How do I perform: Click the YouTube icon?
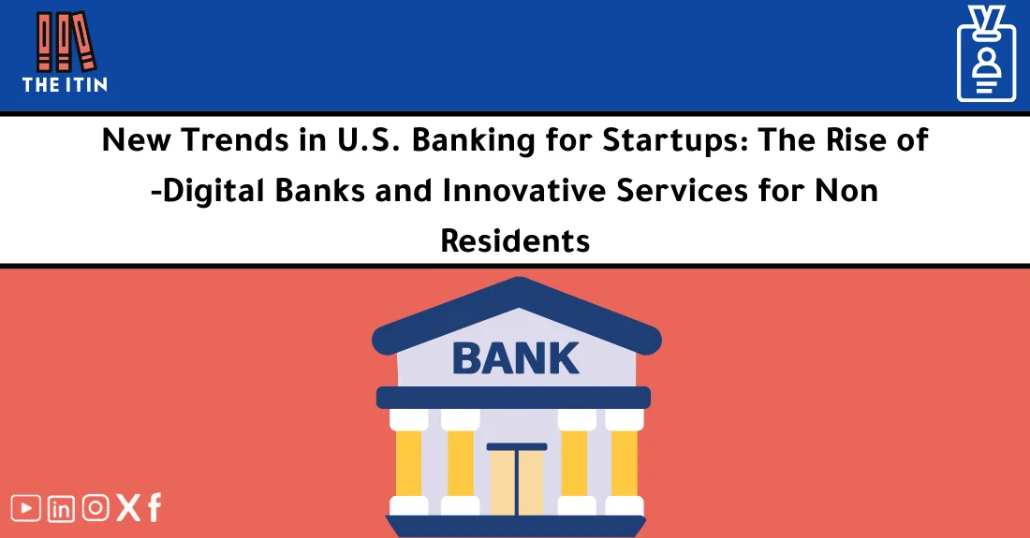click(26, 508)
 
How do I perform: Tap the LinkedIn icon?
click(61, 508)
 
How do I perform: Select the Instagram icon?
click(96, 508)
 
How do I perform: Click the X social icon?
click(127, 508)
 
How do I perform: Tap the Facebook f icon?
click(154, 508)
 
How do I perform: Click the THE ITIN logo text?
click(65, 84)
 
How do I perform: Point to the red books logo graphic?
click(65, 41)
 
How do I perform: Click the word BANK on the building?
click(515, 357)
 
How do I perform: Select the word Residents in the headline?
click(515, 240)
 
